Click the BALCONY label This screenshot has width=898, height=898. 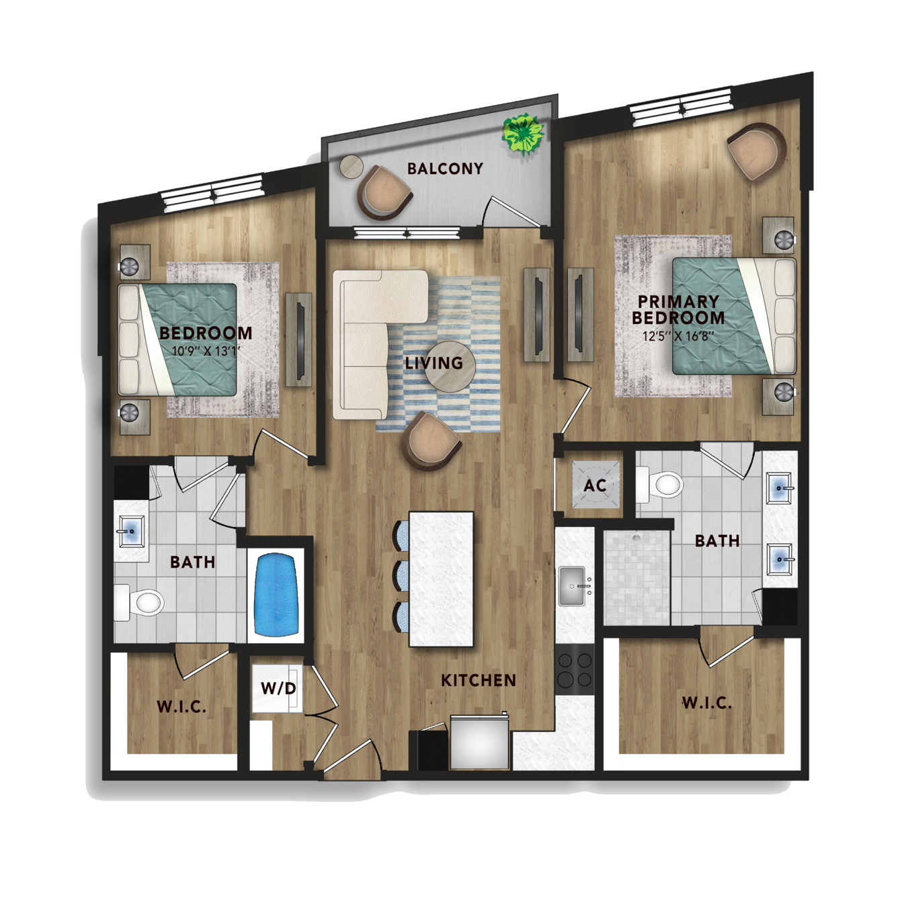[445, 168]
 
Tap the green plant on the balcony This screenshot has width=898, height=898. [523, 133]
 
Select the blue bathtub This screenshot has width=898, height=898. [276, 595]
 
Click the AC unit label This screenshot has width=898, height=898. [595, 485]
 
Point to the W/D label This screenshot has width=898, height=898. [278, 688]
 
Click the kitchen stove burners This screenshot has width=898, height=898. [575, 670]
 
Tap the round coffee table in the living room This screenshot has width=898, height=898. [450, 366]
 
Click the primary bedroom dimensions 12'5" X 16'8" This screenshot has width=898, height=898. [678, 335]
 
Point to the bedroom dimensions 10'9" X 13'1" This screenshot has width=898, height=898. [206, 350]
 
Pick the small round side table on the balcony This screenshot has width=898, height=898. [352, 167]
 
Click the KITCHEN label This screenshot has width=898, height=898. [479, 680]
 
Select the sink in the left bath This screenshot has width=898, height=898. [131, 531]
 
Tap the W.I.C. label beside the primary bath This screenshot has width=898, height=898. [707, 703]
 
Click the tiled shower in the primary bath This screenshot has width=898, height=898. [637, 578]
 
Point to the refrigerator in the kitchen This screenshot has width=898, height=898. [479, 743]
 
